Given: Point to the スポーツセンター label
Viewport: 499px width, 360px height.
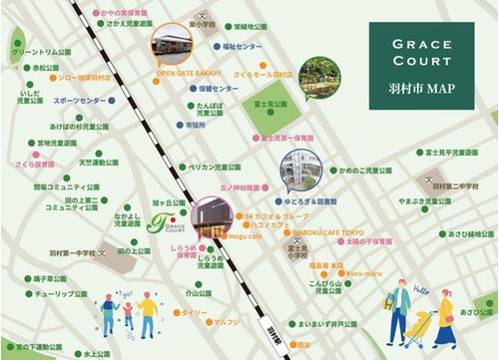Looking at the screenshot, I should [x=80, y=102].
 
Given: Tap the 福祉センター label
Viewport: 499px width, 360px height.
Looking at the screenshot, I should [x=243, y=47].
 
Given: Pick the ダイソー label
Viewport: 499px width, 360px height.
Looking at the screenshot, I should [x=194, y=313].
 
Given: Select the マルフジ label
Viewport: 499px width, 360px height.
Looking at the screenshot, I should [x=225, y=322].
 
